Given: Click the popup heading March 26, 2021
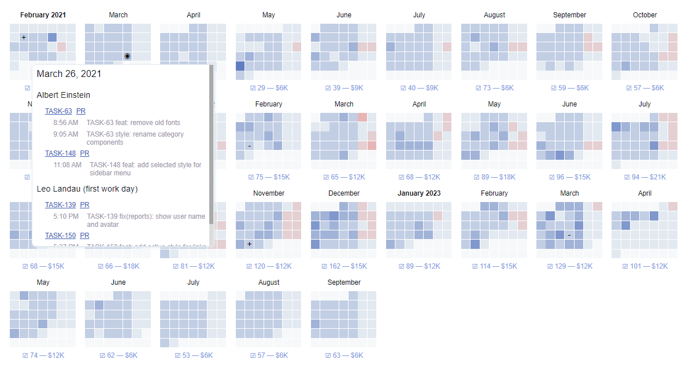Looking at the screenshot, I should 69,74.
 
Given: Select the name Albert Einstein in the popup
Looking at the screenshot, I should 64,95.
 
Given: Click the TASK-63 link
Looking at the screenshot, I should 58,111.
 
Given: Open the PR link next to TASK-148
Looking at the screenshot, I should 84,153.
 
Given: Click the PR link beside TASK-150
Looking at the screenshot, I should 84,236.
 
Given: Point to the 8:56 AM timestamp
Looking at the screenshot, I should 65,123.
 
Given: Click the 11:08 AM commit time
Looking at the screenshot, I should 68,165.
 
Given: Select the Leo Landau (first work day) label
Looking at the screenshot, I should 87,189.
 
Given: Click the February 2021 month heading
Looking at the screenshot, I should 43,15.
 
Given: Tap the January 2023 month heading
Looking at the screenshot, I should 419,193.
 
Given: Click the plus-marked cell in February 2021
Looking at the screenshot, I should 24,38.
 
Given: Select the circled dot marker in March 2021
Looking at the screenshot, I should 127,56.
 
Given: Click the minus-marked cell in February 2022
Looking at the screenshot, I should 249,146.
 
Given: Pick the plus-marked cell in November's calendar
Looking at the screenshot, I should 249,244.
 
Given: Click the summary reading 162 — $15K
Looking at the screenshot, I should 344,266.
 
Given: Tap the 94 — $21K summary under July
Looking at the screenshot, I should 644,177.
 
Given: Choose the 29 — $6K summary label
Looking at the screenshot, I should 269,88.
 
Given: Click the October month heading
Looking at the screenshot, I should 644,15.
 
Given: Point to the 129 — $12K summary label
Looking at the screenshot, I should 569,266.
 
